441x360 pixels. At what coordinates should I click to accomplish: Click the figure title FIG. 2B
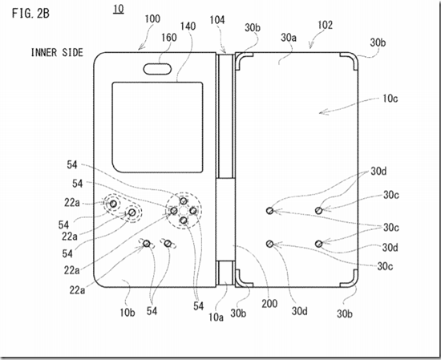(x=30, y=13)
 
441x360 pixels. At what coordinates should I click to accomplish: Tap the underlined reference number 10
(x=119, y=10)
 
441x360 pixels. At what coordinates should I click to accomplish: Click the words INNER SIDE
(x=57, y=53)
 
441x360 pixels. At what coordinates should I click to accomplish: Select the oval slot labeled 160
(x=157, y=69)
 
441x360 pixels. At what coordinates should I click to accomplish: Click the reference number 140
(x=188, y=26)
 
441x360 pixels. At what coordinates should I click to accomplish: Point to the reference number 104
(x=217, y=20)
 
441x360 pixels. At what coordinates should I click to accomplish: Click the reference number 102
(x=325, y=25)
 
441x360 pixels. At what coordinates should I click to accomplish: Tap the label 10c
(x=390, y=99)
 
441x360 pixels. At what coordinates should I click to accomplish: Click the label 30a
(x=289, y=37)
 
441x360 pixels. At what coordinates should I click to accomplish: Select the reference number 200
(x=269, y=303)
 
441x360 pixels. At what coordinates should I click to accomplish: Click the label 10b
(x=127, y=312)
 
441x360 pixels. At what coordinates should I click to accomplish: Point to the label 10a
(x=216, y=317)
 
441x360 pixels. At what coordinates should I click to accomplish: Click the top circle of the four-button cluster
(x=184, y=200)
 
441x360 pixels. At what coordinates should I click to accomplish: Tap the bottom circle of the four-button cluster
(x=184, y=220)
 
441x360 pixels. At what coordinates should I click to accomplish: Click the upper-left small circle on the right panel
(x=269, y=210)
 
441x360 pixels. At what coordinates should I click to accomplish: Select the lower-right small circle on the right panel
(x=318, y=244)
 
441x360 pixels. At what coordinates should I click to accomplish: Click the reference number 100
(x=152, y=19)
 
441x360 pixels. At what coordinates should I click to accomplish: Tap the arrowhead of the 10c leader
(x=320, y=113)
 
